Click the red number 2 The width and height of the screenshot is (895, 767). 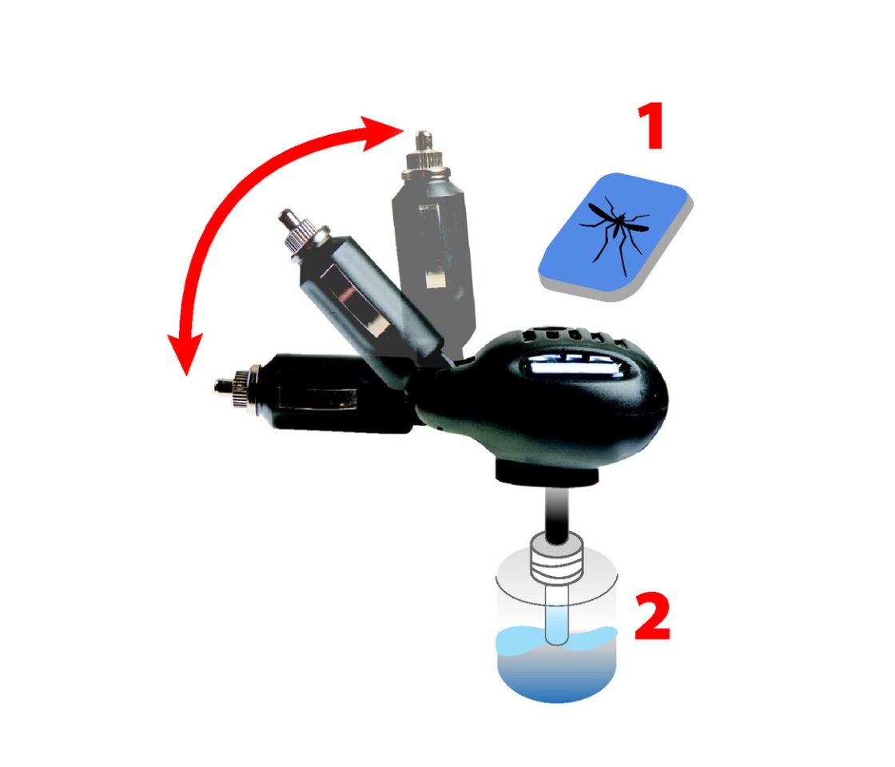(652, 616)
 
